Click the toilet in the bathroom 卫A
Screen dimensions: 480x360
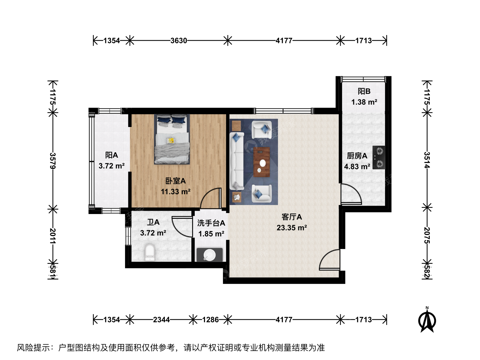150,252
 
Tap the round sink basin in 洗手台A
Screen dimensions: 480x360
209,255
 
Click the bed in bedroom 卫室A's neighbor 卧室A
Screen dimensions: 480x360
172,139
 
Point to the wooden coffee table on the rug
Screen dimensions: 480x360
262,162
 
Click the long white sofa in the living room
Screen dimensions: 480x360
237,161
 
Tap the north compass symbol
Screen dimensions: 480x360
427,320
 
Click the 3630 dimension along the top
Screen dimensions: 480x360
179,41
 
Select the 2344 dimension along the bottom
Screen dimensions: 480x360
161,320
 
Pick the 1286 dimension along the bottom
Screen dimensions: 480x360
210,320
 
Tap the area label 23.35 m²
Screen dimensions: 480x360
292,228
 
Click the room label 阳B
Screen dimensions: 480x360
364,91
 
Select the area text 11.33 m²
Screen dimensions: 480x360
176,192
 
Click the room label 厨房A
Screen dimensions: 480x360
357,156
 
